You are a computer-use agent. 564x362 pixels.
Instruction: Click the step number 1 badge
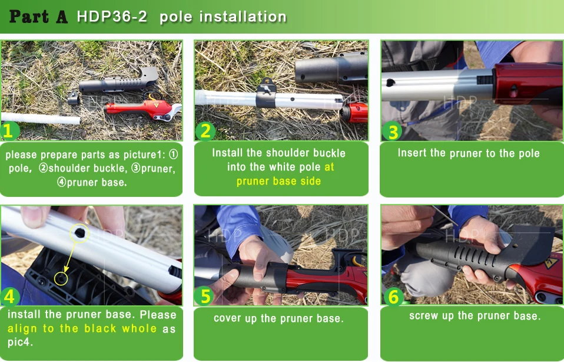9,130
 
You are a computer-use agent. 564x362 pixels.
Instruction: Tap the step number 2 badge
205,130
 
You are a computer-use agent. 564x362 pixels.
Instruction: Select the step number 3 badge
392,130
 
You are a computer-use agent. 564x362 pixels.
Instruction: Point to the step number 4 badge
10,297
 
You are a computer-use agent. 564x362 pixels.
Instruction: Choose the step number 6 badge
393,297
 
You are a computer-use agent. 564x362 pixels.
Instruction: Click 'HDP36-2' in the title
112,17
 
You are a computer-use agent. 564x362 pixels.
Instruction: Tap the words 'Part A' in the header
38,17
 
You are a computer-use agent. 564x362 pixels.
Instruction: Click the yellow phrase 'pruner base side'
279,181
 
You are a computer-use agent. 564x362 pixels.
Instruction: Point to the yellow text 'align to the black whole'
82,328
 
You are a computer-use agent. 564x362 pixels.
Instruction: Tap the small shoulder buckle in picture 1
74,98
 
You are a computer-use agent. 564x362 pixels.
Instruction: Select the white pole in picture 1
41,119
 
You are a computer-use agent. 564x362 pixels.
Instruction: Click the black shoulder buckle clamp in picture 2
266,93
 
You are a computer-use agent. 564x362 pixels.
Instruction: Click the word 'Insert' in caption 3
411,153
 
